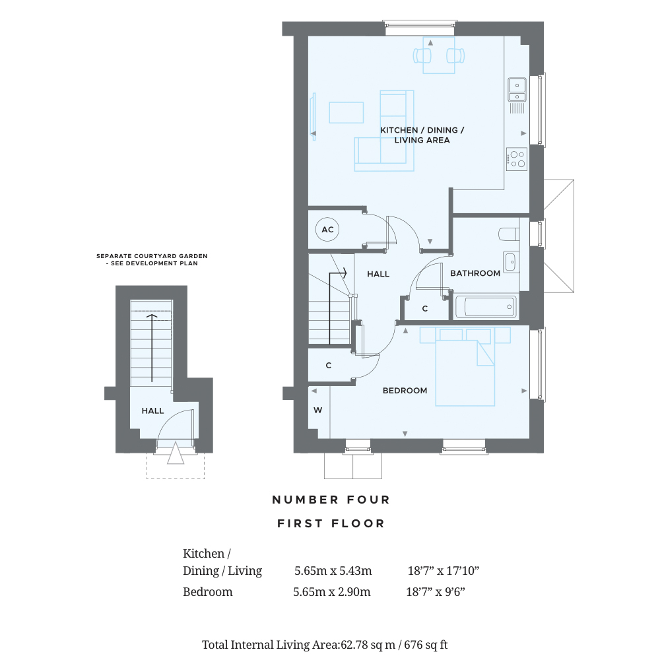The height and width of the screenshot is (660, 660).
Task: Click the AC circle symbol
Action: point(327,230)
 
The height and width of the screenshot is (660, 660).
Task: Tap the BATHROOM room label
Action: point(475,273)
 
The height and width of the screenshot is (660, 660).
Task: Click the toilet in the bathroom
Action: point(508,234)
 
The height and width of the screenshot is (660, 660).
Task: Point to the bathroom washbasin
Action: point(511,262)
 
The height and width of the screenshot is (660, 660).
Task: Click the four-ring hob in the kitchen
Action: point(517,159)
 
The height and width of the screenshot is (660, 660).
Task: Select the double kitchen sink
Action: point(517,90)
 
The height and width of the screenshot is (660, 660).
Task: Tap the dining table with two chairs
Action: point(439,55)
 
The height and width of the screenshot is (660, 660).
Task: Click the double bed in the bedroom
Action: point(465,366)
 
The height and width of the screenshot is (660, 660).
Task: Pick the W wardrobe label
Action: point(318,410)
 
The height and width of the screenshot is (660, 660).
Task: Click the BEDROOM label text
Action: point(405,391)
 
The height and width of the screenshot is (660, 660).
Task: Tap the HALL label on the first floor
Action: point(378,274)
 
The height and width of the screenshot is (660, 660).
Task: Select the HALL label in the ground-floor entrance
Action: point(152,411)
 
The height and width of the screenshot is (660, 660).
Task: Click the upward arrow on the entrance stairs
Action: point(152,348)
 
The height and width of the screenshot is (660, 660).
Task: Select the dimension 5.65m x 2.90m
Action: point(332,592)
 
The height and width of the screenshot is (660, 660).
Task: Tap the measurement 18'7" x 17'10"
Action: point(444,571)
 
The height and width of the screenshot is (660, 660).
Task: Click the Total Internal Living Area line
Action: point(325,645)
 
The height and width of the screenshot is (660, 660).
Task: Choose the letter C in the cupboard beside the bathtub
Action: point(424,308)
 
